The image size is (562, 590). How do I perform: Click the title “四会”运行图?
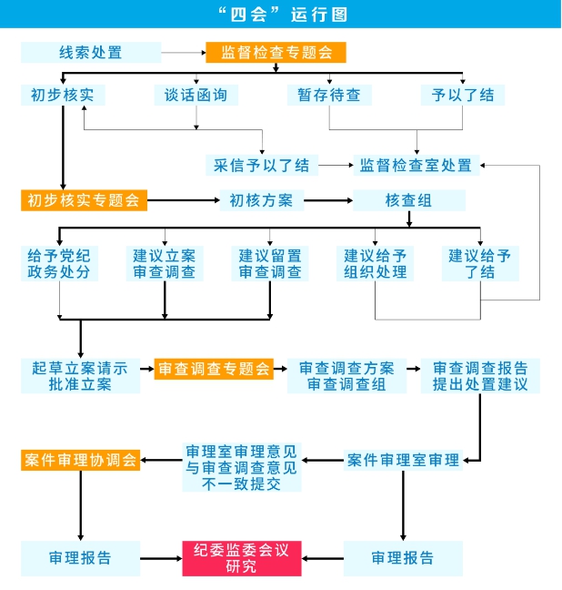point(281,15)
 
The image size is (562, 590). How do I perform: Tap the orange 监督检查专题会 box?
point(276,53)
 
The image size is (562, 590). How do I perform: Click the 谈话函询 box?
point(196,95)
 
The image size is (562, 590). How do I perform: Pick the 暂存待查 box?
point(329,95)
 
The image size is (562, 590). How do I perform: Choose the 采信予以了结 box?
point(262,165)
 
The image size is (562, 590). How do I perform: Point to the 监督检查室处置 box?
point(416,165)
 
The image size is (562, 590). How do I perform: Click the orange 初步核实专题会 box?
point(84,200)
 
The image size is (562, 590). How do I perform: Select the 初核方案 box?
point(261,200)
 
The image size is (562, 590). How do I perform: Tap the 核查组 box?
point(409,200)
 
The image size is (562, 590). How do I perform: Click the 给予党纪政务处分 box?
point(60,263)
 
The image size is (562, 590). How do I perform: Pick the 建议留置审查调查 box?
point(270,263)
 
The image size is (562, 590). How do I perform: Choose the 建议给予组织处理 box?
point(376,263)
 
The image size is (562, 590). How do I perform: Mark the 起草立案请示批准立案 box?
point(80,376)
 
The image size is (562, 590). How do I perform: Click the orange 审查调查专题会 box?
point(215,369)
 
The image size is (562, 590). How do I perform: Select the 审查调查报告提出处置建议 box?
point(480,376)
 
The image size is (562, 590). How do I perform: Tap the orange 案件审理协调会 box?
point(80,460)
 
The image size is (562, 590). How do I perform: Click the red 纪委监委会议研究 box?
point(242,557)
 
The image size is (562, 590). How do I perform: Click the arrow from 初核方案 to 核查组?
point(328,200)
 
